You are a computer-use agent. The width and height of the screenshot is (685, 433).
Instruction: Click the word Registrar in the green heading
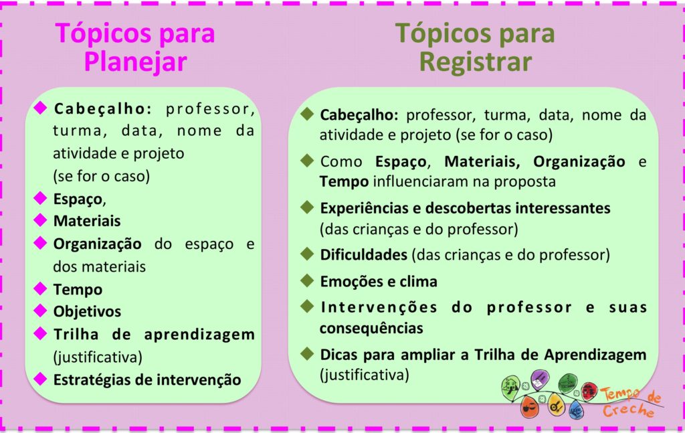475,62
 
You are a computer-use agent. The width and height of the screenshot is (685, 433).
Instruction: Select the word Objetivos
87,311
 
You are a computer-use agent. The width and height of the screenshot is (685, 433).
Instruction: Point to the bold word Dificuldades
363,255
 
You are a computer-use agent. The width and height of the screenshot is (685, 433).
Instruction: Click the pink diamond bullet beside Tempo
41,288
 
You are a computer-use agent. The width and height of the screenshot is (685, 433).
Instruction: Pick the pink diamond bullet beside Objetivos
41,311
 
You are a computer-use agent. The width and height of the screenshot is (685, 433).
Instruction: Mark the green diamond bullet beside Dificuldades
308,254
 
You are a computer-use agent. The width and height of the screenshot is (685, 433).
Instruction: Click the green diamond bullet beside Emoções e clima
308,281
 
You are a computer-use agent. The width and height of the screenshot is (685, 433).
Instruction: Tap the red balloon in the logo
589,391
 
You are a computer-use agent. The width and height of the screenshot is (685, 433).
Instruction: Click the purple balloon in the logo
539,379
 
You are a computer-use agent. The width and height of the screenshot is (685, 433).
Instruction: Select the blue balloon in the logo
575,409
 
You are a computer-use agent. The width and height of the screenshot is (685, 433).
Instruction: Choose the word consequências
371,329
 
